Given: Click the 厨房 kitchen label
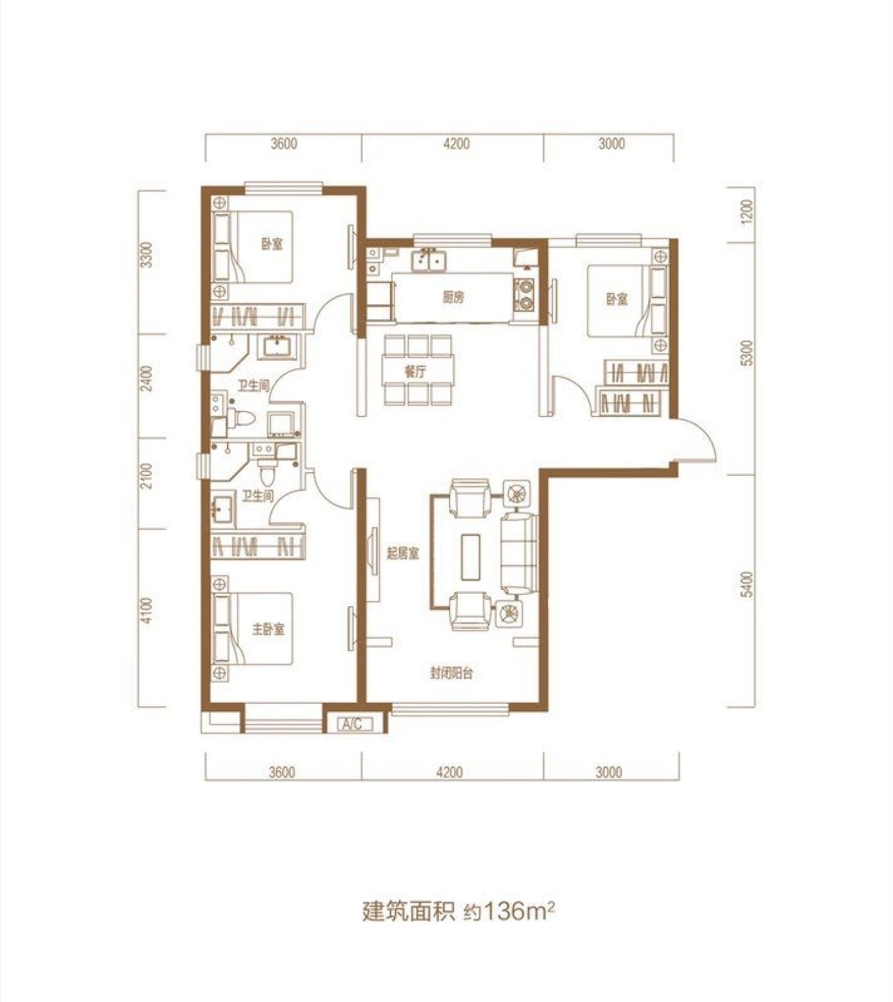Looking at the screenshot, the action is pyautogui.click(x=453, y=297).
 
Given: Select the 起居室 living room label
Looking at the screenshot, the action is pyautogui.click(x=403, y=553).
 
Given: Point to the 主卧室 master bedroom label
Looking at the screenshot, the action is pyautogui.click(x=269, y=630).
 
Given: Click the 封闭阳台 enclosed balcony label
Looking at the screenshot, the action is pyautogui.click(x=451, y=674).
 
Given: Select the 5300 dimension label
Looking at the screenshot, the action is pyautogui.click(x=747, y=353).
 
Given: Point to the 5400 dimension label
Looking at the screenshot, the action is pyautogui.click(x=747, y=584).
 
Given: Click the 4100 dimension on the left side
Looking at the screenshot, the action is pyautogui.click(x=146, y=610).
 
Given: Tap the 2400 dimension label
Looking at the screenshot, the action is pyautogui.click(x=146, y=379).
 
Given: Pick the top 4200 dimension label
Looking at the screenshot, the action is pyautogui.click(x=456, y=144).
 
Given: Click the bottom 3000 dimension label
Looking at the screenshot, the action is pyautogui.click(x=609, y=772).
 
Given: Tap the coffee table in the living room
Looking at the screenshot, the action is pyautogui.click(x=472, y=557).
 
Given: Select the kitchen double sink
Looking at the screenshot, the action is pyautogui.click(x=429, y=260).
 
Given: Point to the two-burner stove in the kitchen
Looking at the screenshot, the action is pyautogui.click(x=525, y=295).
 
